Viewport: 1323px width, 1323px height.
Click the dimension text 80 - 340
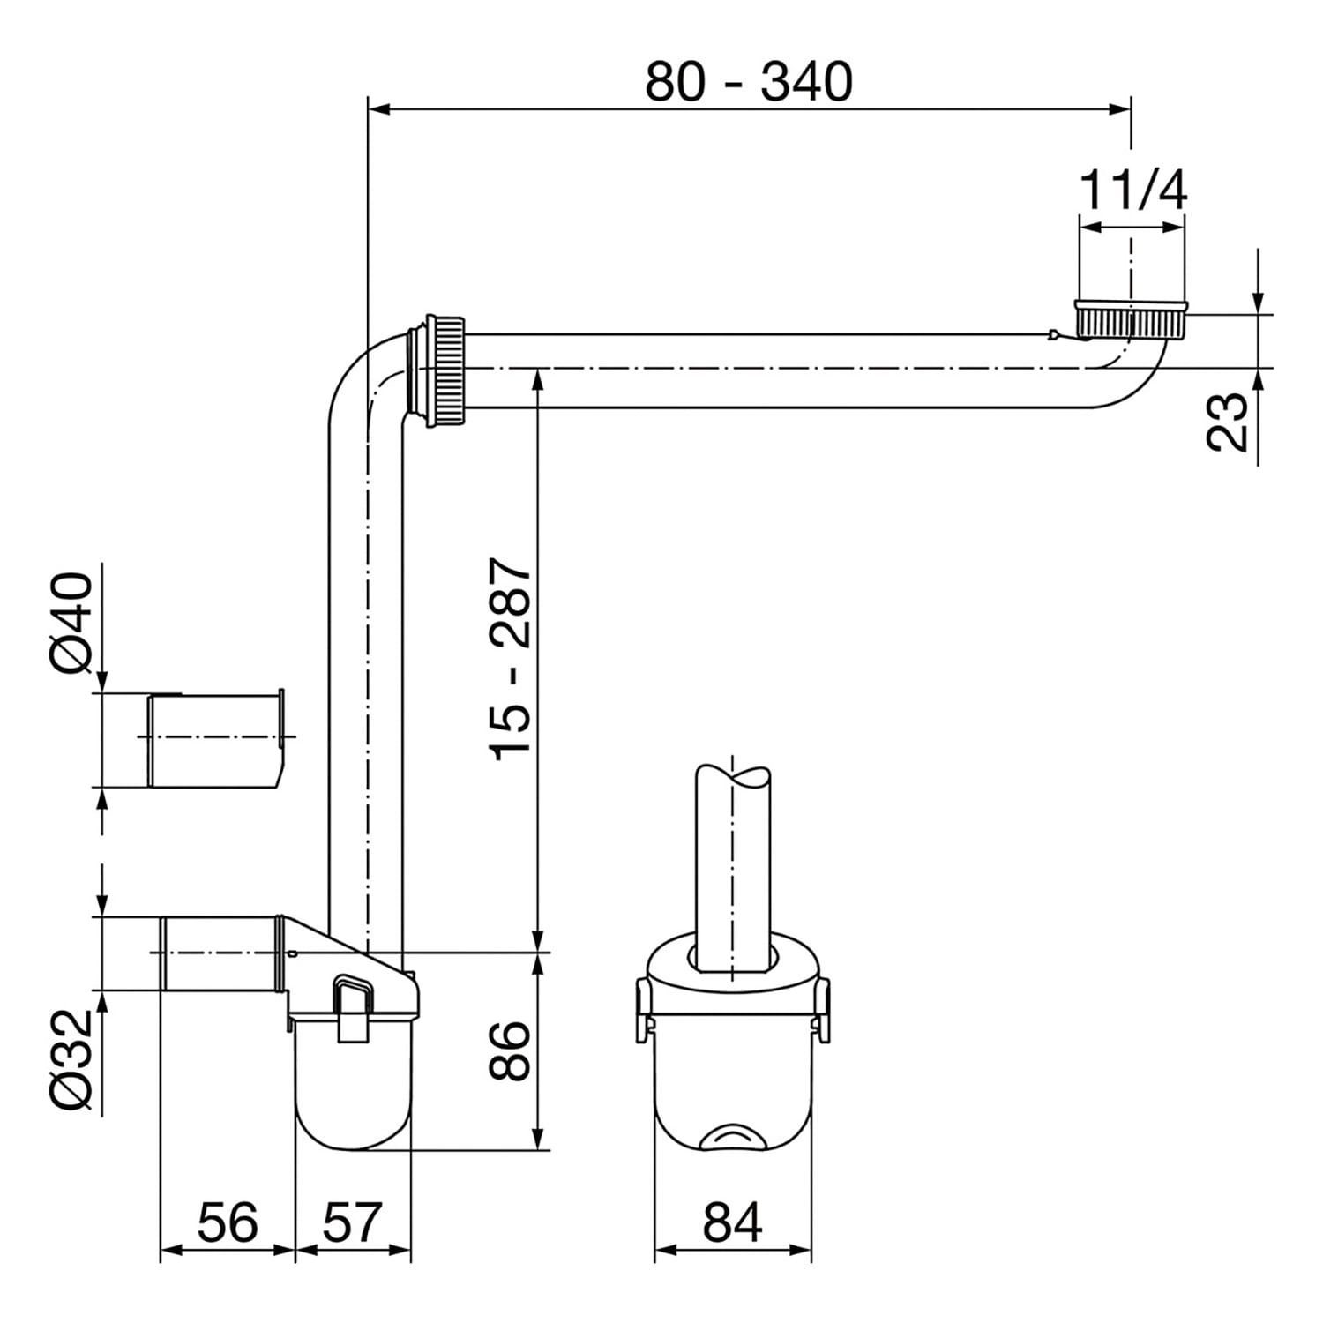click(749, 81)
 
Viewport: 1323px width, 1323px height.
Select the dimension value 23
click(1228, 422)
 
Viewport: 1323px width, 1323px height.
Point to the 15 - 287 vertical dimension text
click(512, 658)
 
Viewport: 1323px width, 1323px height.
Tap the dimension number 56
click(228, 1222)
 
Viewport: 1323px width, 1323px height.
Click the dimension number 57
click(351, 1222)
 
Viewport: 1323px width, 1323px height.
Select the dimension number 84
click(732, 1222)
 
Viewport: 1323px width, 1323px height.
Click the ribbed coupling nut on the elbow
click(445, 370)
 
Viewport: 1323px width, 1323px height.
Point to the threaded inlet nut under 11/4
click(1131, 319)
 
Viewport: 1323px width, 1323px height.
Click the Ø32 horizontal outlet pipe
click(220, 953)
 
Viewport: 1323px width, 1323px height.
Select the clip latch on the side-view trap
click(354, 1009)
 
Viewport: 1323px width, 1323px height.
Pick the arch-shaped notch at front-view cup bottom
click(732, 1138)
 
